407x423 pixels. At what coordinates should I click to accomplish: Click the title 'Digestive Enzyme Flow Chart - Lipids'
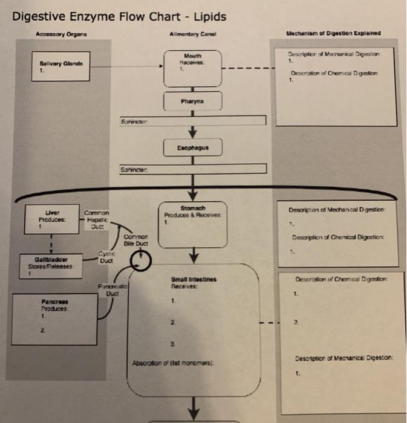coord(119,16)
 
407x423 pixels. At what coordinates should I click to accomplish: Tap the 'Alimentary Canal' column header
coord(192,34)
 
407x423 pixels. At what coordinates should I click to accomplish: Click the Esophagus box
coord(193,147)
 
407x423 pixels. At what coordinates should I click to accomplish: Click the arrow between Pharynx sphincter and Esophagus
coord(193,131)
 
